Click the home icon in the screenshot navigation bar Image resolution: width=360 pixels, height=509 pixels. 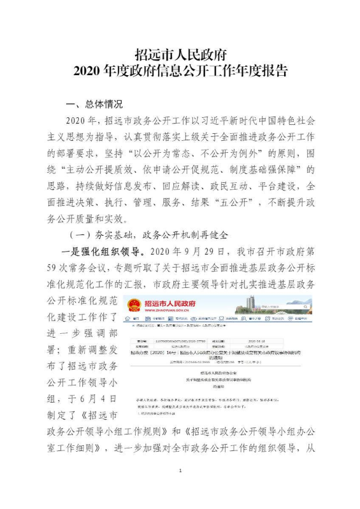click(130, 320)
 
